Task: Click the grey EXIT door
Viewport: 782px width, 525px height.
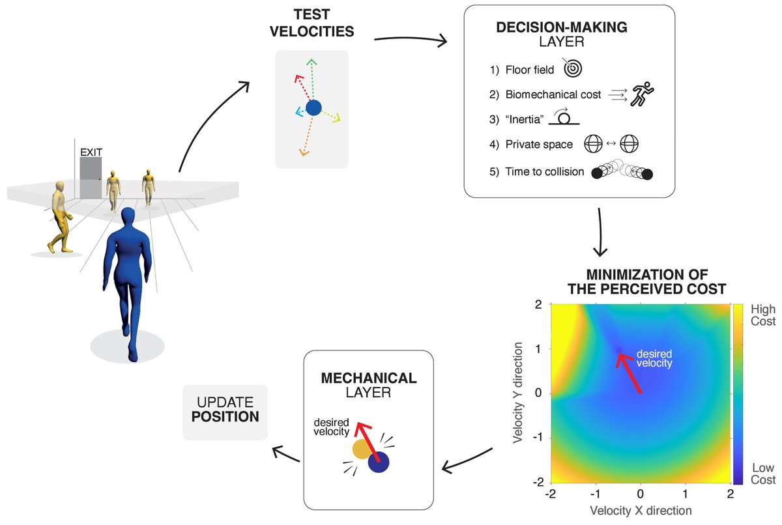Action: [x=91, y=178]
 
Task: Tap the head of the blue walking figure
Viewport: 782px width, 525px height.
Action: [x=128, y=217]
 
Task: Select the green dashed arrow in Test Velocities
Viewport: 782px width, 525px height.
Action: [x=311, y=79]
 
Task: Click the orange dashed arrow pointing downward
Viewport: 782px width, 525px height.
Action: [x=306, y=135]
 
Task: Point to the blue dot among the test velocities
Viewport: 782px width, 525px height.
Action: [x=313, y=107]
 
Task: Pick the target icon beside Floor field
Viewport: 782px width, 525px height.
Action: [x=572, y=68]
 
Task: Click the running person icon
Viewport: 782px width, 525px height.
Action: [x=642, y=94]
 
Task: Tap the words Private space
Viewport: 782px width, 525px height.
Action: [x=539, y=145]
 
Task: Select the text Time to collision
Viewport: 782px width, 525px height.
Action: [x=545, y=171]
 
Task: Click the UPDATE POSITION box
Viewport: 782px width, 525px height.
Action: [x=225, y=412]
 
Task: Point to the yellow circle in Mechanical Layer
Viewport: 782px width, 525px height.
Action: [x=362, y=449]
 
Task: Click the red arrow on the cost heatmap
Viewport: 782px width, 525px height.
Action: [x=629, y=373]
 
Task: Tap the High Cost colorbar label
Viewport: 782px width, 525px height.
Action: [x=763, y=315]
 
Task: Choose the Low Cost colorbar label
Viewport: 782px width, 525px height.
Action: [x=763, y=474]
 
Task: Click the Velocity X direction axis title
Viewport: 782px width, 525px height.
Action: [x=641, y=511]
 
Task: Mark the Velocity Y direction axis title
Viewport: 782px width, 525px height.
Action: [x=517, y=393]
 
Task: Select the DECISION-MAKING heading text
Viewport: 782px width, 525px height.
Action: [x=561, y=27]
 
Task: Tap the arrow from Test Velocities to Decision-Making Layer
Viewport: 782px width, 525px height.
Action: [x=411, y=40]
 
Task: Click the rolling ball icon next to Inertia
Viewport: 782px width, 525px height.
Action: [x=564, y=117]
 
